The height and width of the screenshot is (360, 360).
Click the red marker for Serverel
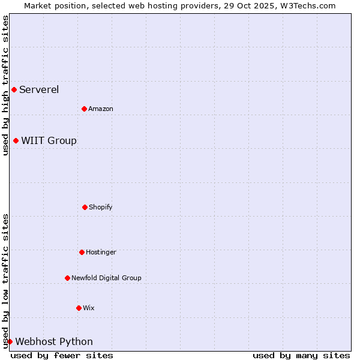[x=14, y=90]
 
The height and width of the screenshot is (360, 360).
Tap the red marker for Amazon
[x=84, y=109]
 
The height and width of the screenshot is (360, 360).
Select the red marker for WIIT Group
[x=16, y=140]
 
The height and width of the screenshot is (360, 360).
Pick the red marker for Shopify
[x=85, y=207]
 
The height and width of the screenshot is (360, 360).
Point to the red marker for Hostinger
[x=82, y=252]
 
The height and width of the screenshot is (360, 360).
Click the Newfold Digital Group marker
[x=67, y=278]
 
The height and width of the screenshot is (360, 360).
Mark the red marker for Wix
[x=79, y=308]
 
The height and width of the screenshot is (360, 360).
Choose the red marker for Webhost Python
[x=10, y=341]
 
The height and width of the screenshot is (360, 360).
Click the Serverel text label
[x=39, y=90]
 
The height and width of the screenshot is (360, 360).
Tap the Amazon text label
[x=101, y=109]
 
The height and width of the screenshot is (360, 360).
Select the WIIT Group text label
[x=49, y=140]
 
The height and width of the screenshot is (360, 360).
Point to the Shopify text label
[x=101, y=207]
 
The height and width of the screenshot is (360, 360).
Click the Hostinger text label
[x=101, y=252]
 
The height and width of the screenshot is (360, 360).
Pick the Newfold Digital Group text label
[x=107, y=278]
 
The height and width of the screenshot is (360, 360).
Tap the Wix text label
[x=89, y=308]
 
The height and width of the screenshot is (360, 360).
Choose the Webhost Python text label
[x=54, y=341]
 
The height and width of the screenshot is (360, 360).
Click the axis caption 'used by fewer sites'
[x=62, y=355]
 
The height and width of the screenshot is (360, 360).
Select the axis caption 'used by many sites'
[x=301, y=355]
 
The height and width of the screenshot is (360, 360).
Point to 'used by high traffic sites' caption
[x=5, y=85]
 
